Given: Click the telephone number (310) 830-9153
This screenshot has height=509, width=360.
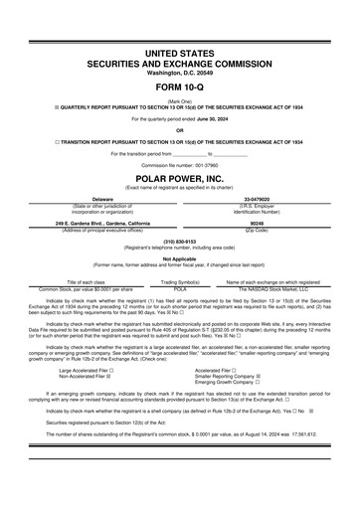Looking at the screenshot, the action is (179, 240).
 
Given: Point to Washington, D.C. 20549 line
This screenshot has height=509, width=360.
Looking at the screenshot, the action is (179, 73).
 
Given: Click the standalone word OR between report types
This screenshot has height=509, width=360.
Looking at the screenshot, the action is (179, 130).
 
